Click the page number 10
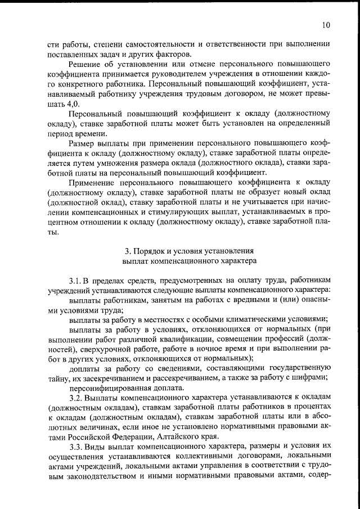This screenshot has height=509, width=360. pos(327,25)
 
